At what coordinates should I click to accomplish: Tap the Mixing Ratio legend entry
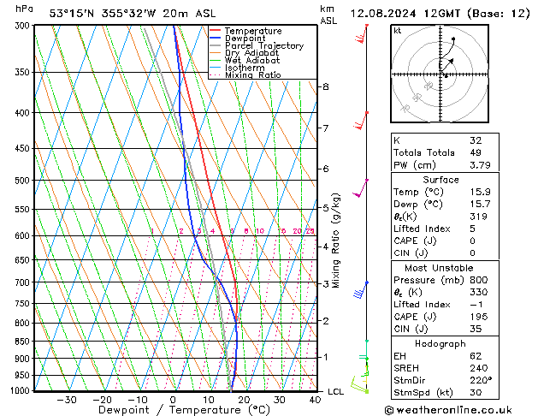[253, 75]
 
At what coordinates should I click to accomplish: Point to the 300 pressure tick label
[22, 26]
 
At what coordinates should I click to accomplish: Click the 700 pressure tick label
[22, 282]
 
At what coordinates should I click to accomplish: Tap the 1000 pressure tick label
[20, 391]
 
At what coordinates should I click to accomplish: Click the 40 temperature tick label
[315, 400]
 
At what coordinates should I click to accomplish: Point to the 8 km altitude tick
[325, 87]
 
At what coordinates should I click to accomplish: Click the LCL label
[335, 391]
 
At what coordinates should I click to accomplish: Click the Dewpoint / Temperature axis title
[172, 410]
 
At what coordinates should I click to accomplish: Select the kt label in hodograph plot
[397, 31]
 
